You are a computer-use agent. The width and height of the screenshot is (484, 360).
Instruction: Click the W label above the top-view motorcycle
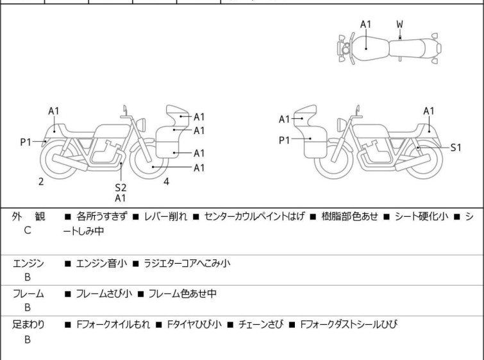[x=399, y=24]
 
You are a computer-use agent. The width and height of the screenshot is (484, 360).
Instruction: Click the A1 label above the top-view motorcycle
[x=365, y=24]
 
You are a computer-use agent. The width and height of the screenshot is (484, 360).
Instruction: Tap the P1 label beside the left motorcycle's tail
[x=26, y=142]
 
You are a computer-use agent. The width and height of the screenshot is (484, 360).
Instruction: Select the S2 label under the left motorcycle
[x=121, y=187]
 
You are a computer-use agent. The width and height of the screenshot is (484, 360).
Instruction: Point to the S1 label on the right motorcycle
[x=456, y=148]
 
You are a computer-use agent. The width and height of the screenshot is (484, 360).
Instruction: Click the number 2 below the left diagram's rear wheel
[x=41, y=182]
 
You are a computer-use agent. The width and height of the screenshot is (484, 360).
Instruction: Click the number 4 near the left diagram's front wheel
[x=166, y=182]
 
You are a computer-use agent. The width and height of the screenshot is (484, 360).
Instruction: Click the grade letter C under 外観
[x=28, y=229]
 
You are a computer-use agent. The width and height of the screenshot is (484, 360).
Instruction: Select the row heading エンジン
[x=29, y=263]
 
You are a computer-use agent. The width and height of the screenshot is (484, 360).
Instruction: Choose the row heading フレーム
[x=29, y=294]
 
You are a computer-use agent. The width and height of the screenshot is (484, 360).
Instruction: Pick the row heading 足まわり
[x=29, y=325]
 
